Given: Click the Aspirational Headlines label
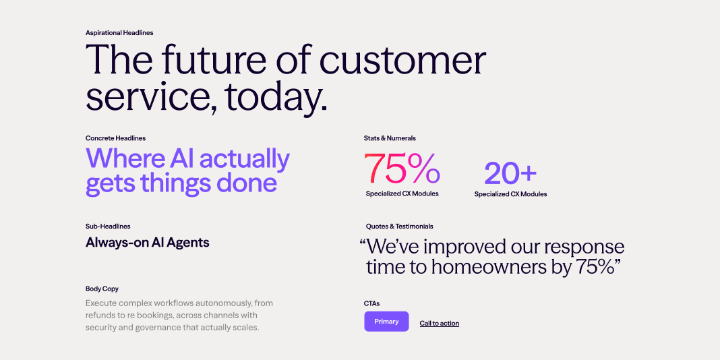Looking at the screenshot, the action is click(119, 33).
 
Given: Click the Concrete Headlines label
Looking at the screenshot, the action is click(116, 138).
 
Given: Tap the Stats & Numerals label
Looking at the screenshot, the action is click(390, 138).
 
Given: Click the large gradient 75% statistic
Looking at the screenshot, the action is click(402, 169).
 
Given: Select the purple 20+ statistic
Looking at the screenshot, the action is click(510, 173).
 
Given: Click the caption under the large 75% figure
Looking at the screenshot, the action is click(402, 193).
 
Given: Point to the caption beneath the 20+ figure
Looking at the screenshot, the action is click(510, 194).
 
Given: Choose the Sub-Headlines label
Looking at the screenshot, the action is click(108, 227).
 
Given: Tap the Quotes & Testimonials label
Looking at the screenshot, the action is click(400, 227).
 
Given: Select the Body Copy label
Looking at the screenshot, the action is click(102, 289).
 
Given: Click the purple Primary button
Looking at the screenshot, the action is click(386, 322).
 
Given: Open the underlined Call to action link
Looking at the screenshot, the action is click(440, 324).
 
